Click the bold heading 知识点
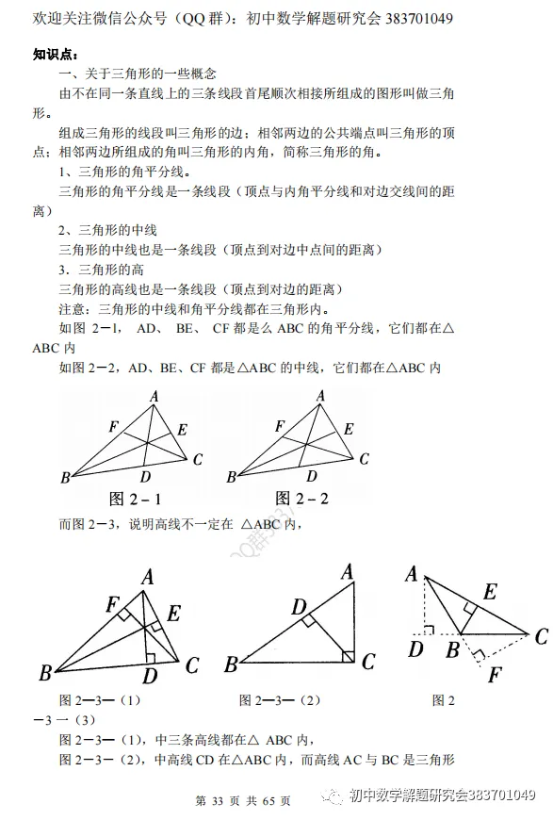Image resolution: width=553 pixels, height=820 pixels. coord(55,54)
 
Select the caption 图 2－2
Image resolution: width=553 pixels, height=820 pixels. coord(301,497)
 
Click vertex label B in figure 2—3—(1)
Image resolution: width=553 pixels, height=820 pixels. coord(44,673)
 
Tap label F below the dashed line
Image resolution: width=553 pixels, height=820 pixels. coord(496,675)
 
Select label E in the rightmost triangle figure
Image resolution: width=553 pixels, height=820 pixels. coord(490,592)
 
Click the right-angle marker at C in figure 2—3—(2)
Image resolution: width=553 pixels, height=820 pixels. coord(347,655)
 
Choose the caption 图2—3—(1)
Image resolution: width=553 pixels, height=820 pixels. coord(100,700)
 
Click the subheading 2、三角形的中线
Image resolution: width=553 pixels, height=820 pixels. coord(107,230)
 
